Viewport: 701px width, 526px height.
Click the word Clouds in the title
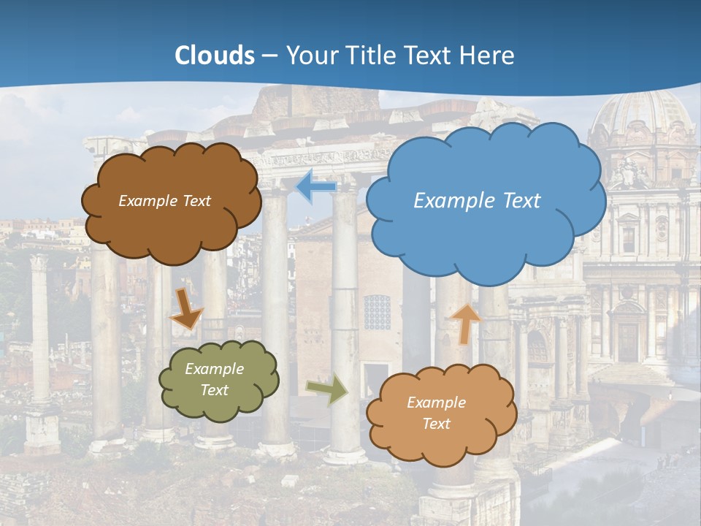click(215, 56)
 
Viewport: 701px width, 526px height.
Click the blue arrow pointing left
click(316, 186)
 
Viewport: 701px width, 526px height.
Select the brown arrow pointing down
click(187, 308)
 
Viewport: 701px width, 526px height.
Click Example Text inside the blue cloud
click(477, 201)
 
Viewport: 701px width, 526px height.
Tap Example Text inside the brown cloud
click(164, 201)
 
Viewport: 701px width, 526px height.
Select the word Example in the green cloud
click(214, 369)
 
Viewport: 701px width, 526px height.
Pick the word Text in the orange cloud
click(436, 424)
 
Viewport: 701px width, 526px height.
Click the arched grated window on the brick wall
click(378, 312)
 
